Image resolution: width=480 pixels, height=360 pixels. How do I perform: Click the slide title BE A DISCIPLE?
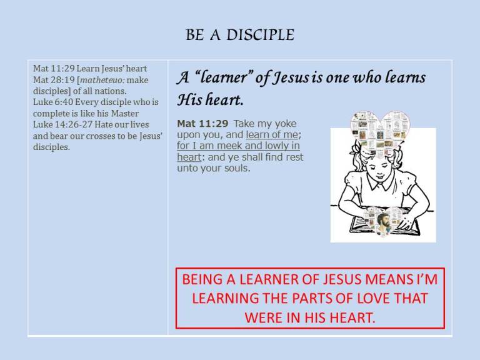tap(240, 36)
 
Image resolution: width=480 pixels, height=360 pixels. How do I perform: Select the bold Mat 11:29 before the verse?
tap(202, 124)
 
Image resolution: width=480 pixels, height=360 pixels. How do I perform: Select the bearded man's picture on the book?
tap(382, 220)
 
